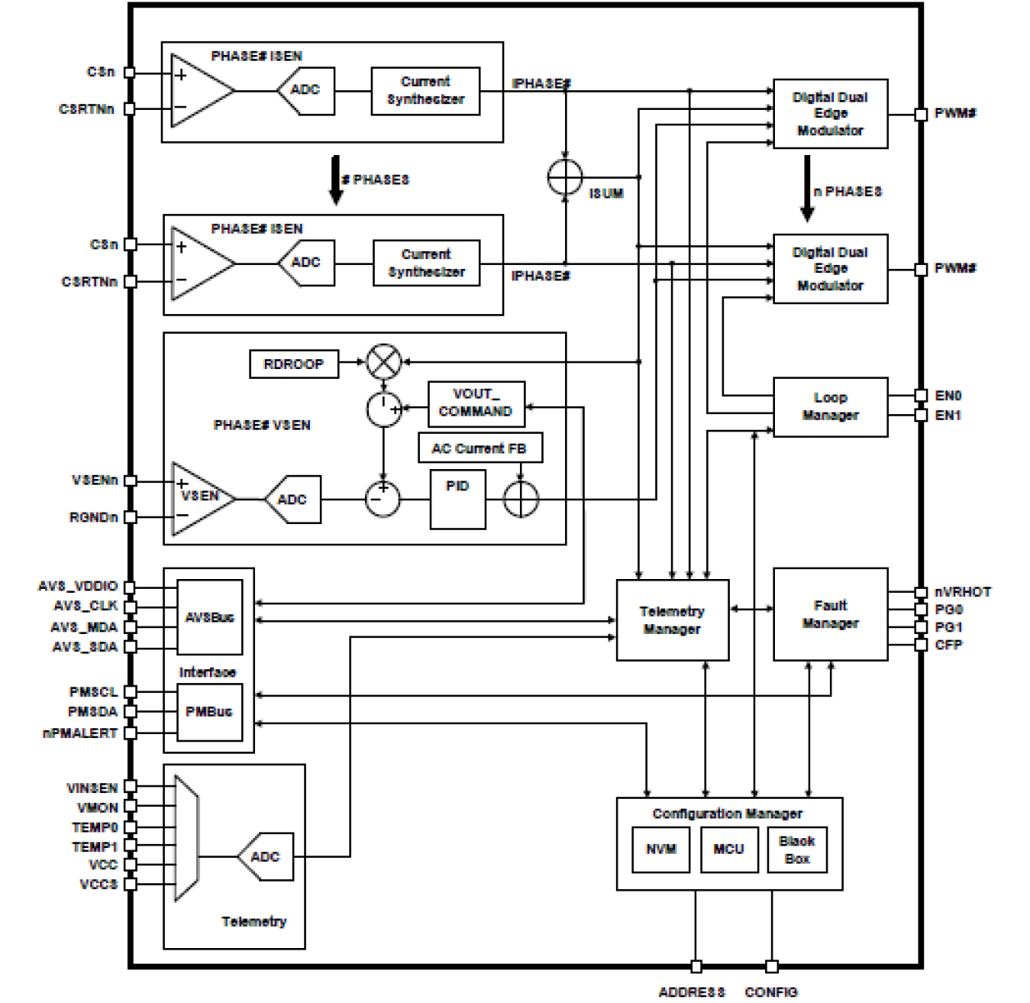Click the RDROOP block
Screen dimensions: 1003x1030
pyautogui.click(x=294, y=364)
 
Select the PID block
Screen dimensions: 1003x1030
pyautogui.click(x=458, y=499)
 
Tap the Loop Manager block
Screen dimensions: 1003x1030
pyautogui.click(x=830, y=407)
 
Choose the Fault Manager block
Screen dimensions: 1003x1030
pyautogui.click(x=830, y=614)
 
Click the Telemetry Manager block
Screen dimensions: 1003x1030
pyautogui.click(x=672, y=620)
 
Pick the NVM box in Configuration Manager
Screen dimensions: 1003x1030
pyautogui.click(x=661, y=850)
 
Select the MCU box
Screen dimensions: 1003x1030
pyautogui.click(x=728, y=850)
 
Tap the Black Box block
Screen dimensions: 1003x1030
pyautogui.click(x=796, y=850)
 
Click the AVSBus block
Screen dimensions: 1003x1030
pyautogui.click(x=210, y=617)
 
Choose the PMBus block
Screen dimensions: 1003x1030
pyautogui.click(x=209, y=712)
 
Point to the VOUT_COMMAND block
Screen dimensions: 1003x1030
pyautogui.click(x=476, y=403)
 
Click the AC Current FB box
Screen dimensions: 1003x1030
pyautogui.click(x=480, y=449)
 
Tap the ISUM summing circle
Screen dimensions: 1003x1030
pyautogui.click(x=565, y=177)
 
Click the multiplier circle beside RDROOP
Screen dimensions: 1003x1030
pyautogui.click(x=383, y=362)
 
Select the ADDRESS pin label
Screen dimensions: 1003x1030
pyautogui.click(x=691, y=992)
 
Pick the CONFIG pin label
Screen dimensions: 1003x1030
pyautogui.click(x=771, y=992)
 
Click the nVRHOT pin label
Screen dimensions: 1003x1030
pyautogui.click(x=963, y=592)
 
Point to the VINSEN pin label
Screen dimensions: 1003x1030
pyautogui.click(x=92, y=788)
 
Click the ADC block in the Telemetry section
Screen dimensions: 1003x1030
pyautogui.click(x=266, y=857)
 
